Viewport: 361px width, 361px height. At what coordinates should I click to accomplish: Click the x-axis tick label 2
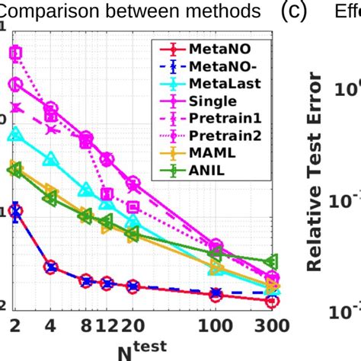(13, 326)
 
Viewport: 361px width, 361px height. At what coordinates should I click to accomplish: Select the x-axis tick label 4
(50, 326)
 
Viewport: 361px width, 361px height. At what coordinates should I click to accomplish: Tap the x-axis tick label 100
(216, 326)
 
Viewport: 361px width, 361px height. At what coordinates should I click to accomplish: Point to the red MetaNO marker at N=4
(50, 267)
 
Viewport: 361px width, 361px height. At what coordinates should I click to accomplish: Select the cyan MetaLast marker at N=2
(14, 134)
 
